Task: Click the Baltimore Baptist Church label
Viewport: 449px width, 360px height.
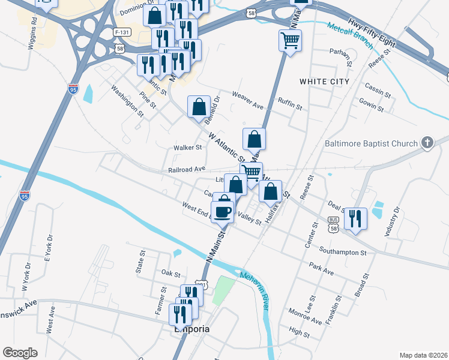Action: click(370, 143)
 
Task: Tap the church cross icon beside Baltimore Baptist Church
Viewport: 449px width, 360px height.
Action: click(427, 143)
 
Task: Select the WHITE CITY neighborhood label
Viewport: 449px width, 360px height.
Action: click(324, 81)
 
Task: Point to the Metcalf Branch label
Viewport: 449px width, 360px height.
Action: click(351, 35)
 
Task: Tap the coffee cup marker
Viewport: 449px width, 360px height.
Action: click(222, 211)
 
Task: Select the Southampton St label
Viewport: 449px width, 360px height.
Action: click(343, 252)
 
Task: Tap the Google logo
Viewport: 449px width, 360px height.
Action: click(20, 353)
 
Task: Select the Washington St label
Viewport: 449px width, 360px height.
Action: click(127, 100)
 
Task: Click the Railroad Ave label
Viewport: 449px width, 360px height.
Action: click(187, 170)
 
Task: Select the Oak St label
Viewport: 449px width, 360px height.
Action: click(171, 273)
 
